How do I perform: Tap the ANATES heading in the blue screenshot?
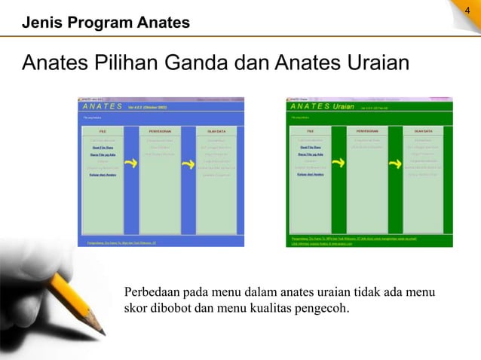point(102,108)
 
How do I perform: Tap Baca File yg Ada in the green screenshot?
point(310,154)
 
